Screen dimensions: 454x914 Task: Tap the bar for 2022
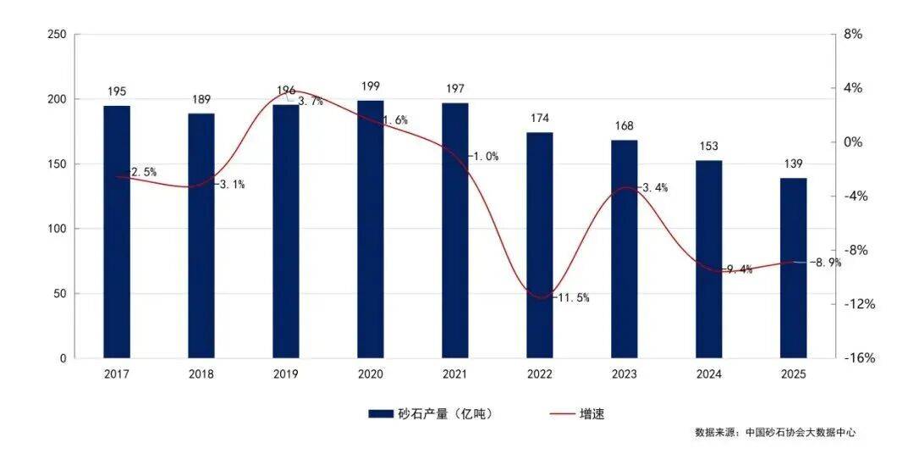[540, 245]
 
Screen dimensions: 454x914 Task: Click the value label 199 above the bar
[371, 86]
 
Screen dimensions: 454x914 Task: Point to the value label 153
[709, 146]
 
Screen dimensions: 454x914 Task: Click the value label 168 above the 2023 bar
[625, 125]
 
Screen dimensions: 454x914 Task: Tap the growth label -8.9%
[825, 263]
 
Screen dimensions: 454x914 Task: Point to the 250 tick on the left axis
[57, 35]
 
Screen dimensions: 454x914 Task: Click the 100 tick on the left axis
[57, 229]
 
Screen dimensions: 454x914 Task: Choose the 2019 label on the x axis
[286, 374]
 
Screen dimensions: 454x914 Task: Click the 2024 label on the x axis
[709, 374]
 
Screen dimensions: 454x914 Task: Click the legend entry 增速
[592, 413]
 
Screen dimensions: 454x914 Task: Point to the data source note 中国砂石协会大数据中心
[800, 432]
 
